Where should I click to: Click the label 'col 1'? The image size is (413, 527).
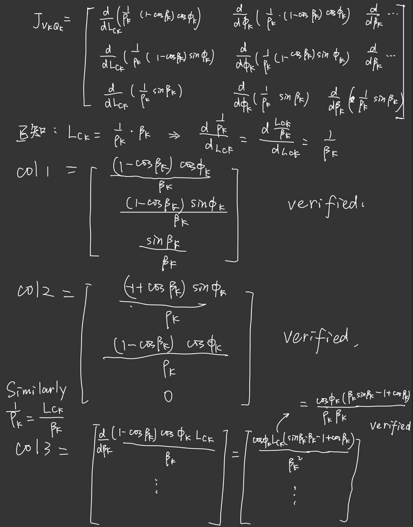tap(33, 171)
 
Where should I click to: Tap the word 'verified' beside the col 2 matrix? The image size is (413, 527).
tap(316, 338)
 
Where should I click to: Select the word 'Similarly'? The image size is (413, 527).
tap(36, 390)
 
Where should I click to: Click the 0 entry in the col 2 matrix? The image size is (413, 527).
tap(168, 396)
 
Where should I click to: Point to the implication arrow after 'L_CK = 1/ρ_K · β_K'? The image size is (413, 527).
tap(174, 135)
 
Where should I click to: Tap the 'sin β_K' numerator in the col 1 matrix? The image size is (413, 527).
tap(163, 242)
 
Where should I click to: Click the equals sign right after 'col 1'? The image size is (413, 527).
tap(71, 170)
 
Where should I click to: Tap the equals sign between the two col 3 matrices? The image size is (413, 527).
tap(236, 455)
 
